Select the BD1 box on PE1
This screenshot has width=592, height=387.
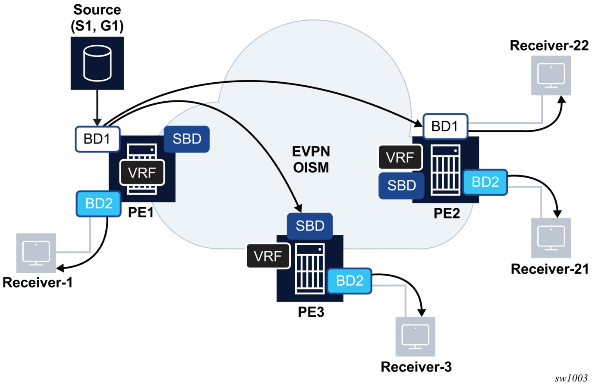98,139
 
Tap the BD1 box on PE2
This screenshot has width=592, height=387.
445,126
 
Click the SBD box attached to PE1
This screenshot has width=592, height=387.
187,139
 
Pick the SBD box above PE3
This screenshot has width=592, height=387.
310,226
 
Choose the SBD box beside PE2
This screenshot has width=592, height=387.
401,185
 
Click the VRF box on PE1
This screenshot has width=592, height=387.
142,173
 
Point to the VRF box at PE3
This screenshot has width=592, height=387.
268,256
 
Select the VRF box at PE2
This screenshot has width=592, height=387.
400,157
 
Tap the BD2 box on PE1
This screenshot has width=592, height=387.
99,203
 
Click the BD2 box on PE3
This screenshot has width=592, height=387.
349,281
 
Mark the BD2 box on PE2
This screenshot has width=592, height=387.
485,182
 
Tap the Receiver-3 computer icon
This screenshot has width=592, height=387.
415,336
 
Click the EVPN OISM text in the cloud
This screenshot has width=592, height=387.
311,159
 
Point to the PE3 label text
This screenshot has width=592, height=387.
311,312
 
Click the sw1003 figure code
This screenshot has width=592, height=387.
571,378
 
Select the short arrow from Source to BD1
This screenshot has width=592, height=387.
97,108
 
